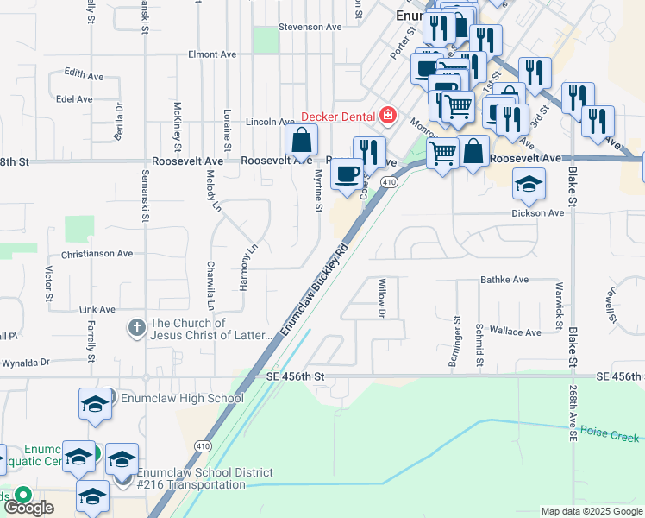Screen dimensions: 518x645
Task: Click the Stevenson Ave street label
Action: click(310, 28)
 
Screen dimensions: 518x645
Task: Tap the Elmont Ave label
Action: click(212, 54)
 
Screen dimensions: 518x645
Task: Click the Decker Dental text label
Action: click(337, 117)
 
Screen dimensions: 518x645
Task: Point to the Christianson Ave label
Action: click(97, 254)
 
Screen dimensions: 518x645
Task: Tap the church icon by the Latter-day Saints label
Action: click(136, 328)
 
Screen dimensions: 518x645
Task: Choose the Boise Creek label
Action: click(610, 433)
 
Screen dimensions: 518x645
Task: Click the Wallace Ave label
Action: click(515, 332)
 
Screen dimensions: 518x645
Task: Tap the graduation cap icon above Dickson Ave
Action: click(529, 184)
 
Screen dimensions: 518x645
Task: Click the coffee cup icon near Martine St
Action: click(348, 174)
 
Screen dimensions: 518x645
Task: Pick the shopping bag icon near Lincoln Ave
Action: click(302, 140)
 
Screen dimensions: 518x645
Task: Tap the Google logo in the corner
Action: click(28, 508)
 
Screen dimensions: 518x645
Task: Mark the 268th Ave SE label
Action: click(573, 414)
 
